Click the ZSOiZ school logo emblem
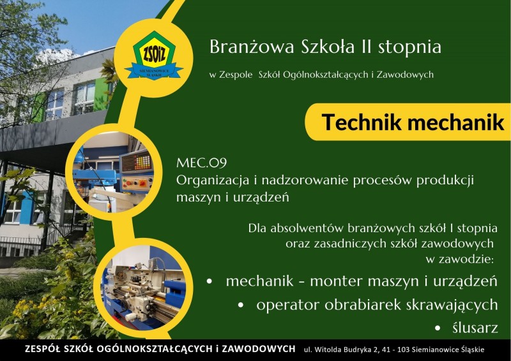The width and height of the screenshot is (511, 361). pyautogui.click(x=153, y=55)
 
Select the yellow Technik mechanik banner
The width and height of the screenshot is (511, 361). pyautogui.click(x=408, y=122)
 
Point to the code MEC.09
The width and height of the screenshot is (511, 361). pyautogui.click(x=201, y=163)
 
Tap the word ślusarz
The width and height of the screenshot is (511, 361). pyautogui.click(x=475, y=328)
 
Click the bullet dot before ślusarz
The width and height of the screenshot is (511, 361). pyautogui.click(x=438, y=328)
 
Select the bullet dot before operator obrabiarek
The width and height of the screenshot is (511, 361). pyautogui.click(x=241, y=306)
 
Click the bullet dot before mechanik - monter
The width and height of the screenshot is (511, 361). pyautogui.click(x=210, y=281)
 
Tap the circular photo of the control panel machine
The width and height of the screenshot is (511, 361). pyautogui.click(x=114, y=172)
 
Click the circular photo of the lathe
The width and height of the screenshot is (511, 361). pyautogui.click(x=143, y=288)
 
